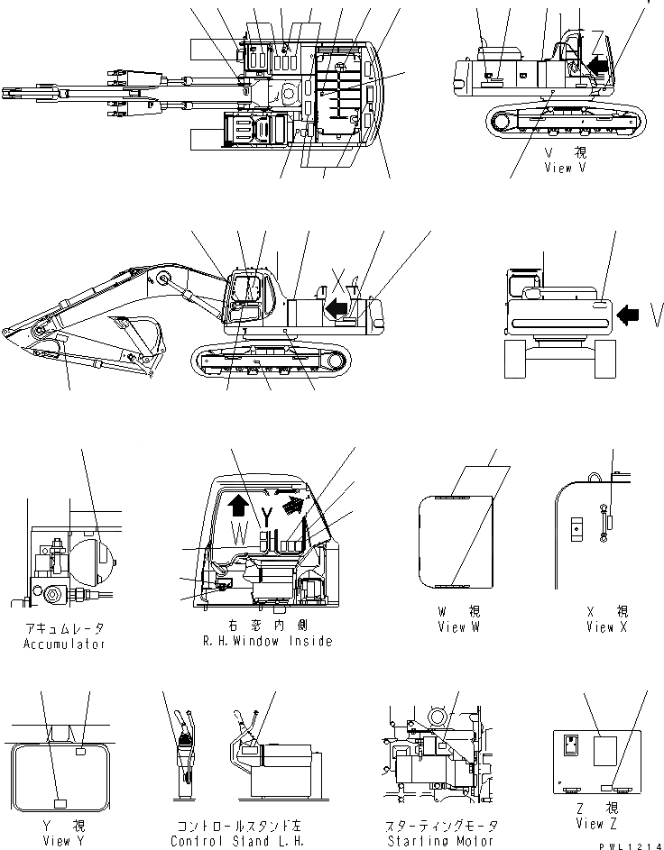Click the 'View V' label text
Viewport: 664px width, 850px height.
pos(571,168)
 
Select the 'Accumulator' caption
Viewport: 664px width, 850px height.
pos(64,644)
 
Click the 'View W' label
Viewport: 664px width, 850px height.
pos(457,627)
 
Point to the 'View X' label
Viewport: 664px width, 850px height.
pos(600,627)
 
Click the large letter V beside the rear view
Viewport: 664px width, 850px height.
pos(656,315)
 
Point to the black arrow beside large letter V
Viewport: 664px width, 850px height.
pos(630,315)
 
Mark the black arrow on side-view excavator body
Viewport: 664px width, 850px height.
pos(337,309)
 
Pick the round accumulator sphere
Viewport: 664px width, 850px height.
pos(94,559)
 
